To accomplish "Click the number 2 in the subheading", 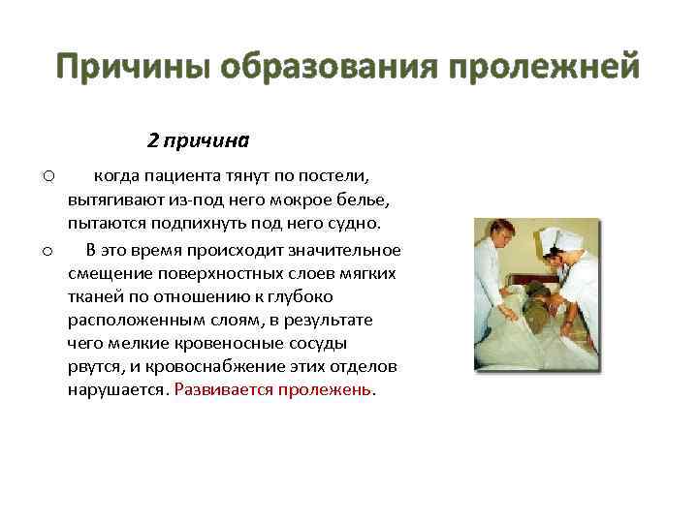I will (152, 140).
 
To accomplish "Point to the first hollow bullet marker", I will (48, 176).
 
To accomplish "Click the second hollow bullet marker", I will (48, 252).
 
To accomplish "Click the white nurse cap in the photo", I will (557, 241).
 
